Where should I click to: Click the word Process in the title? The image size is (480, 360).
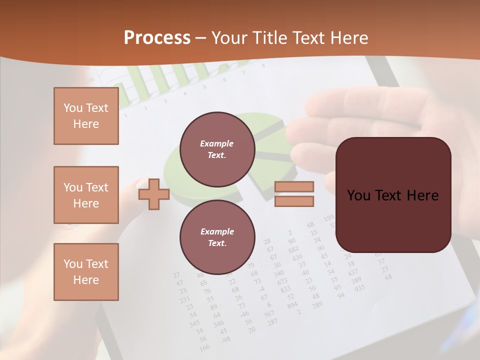(157, 38)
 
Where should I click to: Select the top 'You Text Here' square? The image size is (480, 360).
(86, 116)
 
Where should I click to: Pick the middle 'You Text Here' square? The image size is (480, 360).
(86, 195)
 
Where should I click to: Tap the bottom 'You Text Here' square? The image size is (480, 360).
(86, 272)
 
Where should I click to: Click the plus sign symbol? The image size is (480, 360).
(154, 193)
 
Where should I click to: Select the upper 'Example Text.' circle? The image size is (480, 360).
(217, 149)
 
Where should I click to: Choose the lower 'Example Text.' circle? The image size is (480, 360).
(217, 237)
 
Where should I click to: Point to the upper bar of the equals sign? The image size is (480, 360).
(294, 186)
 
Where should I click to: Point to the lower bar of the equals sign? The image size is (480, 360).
(294, 201)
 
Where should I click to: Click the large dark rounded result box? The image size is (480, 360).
(393, 194)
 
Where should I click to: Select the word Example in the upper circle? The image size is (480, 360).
(217, 143)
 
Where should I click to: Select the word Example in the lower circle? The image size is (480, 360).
(217, 231)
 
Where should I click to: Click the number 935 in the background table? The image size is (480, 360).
(359, 288)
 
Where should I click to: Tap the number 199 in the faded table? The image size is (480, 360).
(328, 218)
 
